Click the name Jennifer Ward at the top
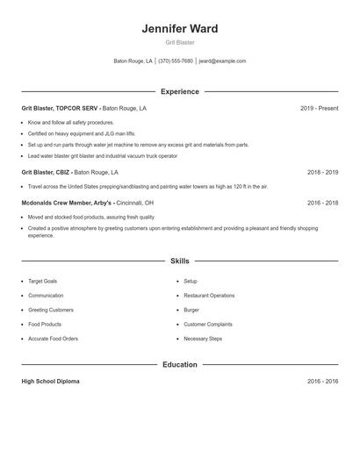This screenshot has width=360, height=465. [180, 29]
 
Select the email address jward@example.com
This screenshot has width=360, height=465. [222, 61]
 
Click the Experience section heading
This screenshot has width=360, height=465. [180, 91]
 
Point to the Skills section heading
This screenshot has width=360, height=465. [180, 261]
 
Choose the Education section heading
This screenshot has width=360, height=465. [180, 364]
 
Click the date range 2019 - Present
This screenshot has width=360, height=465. [319, 109]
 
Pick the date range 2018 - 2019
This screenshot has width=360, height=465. [322, 173]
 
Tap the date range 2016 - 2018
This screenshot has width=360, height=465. [322, 203]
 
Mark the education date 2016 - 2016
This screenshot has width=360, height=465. [322, 382]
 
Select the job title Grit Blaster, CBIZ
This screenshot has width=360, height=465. [46, 173]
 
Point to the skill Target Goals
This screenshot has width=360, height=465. [42, 281]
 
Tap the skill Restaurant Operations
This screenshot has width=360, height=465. [209, 296]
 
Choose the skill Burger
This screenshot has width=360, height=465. [191, 310]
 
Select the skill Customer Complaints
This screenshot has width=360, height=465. [209, 324]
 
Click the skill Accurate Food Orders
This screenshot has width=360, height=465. [53, 338]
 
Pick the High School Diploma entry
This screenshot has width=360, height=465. [51, 382]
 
